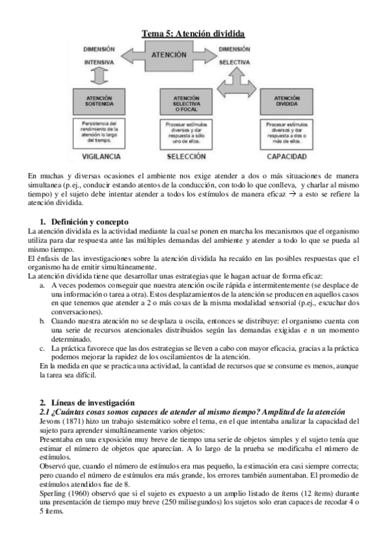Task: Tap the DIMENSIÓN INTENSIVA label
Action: click(x=99, y=56)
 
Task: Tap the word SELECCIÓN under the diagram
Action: click(x=186, y=156)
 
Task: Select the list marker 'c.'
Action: click(x=43, y=348)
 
